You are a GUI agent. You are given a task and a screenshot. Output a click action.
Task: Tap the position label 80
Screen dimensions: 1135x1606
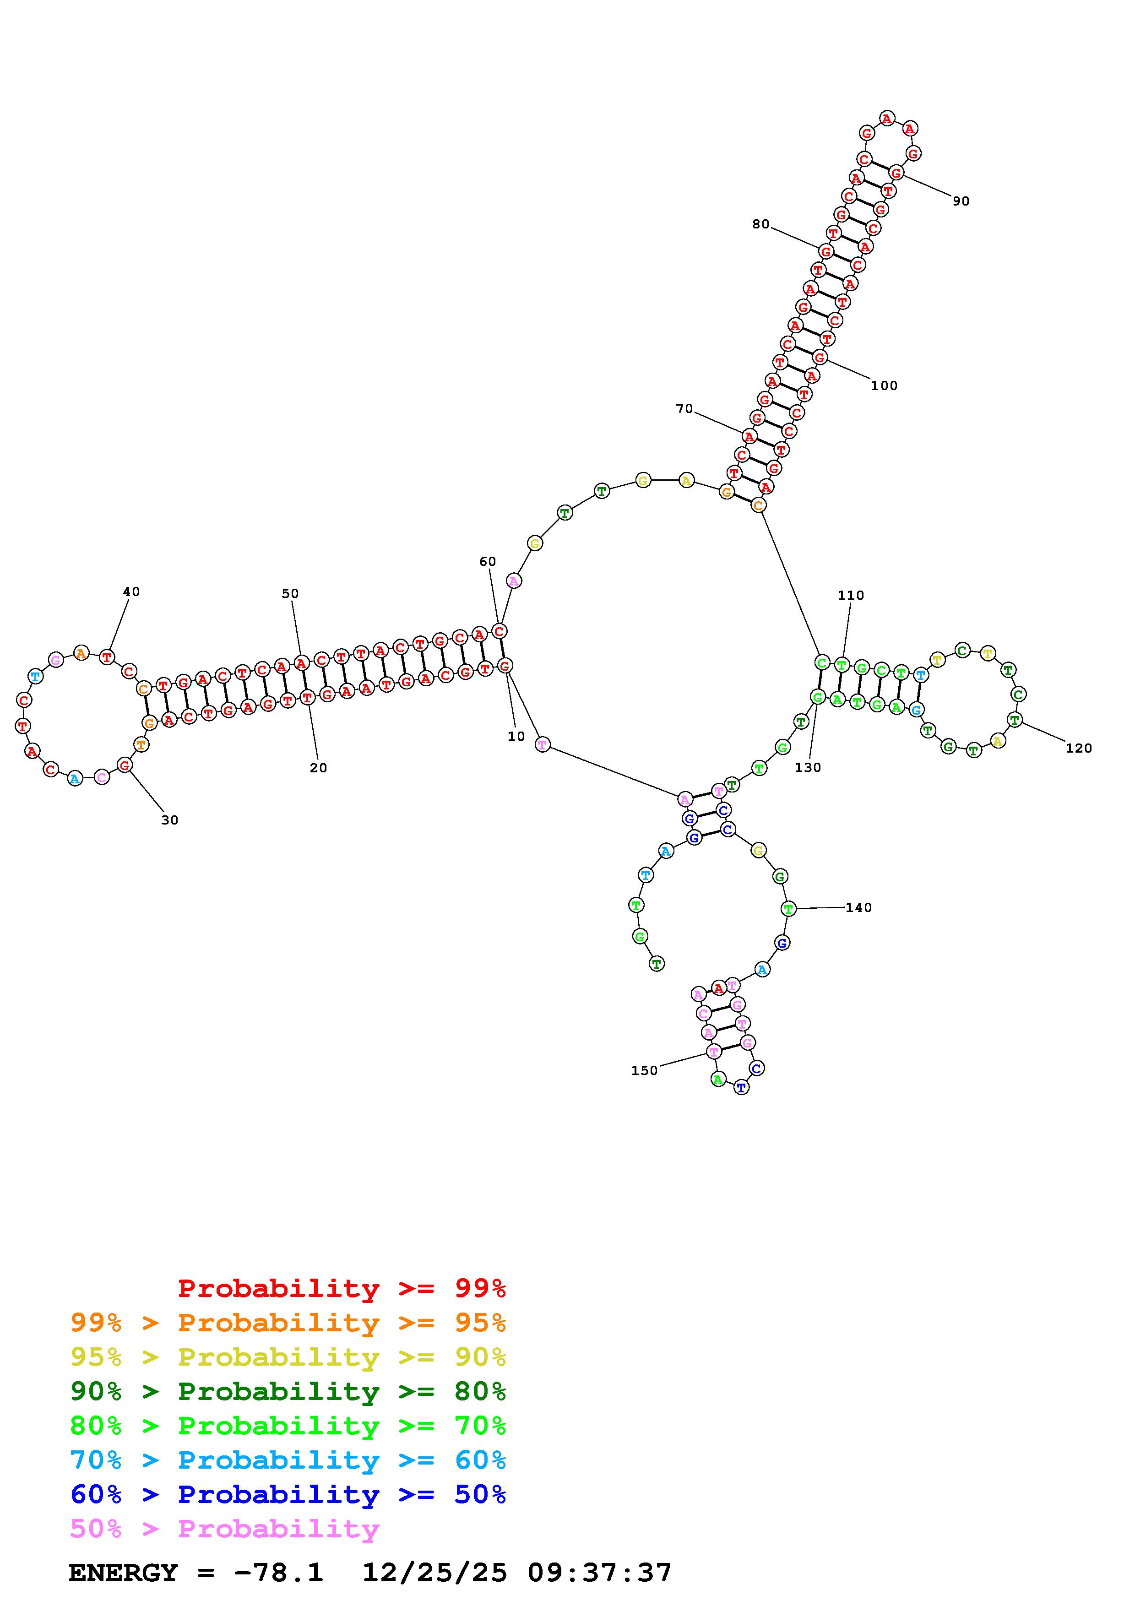click(x=761, y=224)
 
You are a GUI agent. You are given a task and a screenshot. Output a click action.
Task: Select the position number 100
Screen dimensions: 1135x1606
click(x=884, y=385)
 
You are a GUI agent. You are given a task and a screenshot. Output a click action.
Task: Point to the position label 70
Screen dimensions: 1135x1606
click(x=684, y=408)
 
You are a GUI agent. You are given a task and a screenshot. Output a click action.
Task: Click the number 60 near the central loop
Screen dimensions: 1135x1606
click(x=488, y=562)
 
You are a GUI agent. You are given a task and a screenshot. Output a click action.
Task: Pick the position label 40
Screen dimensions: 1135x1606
click(x=131, y=592)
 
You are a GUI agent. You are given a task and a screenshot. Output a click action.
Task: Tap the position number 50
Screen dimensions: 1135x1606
click(x=290, y=594)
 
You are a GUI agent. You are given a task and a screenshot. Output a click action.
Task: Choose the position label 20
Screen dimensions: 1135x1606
click(x=318, y=768)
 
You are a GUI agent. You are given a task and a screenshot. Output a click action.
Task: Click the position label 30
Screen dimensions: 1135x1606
click(x=170, y=820)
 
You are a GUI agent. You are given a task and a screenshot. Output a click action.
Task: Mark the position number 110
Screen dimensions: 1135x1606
click(x=851, y=595)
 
